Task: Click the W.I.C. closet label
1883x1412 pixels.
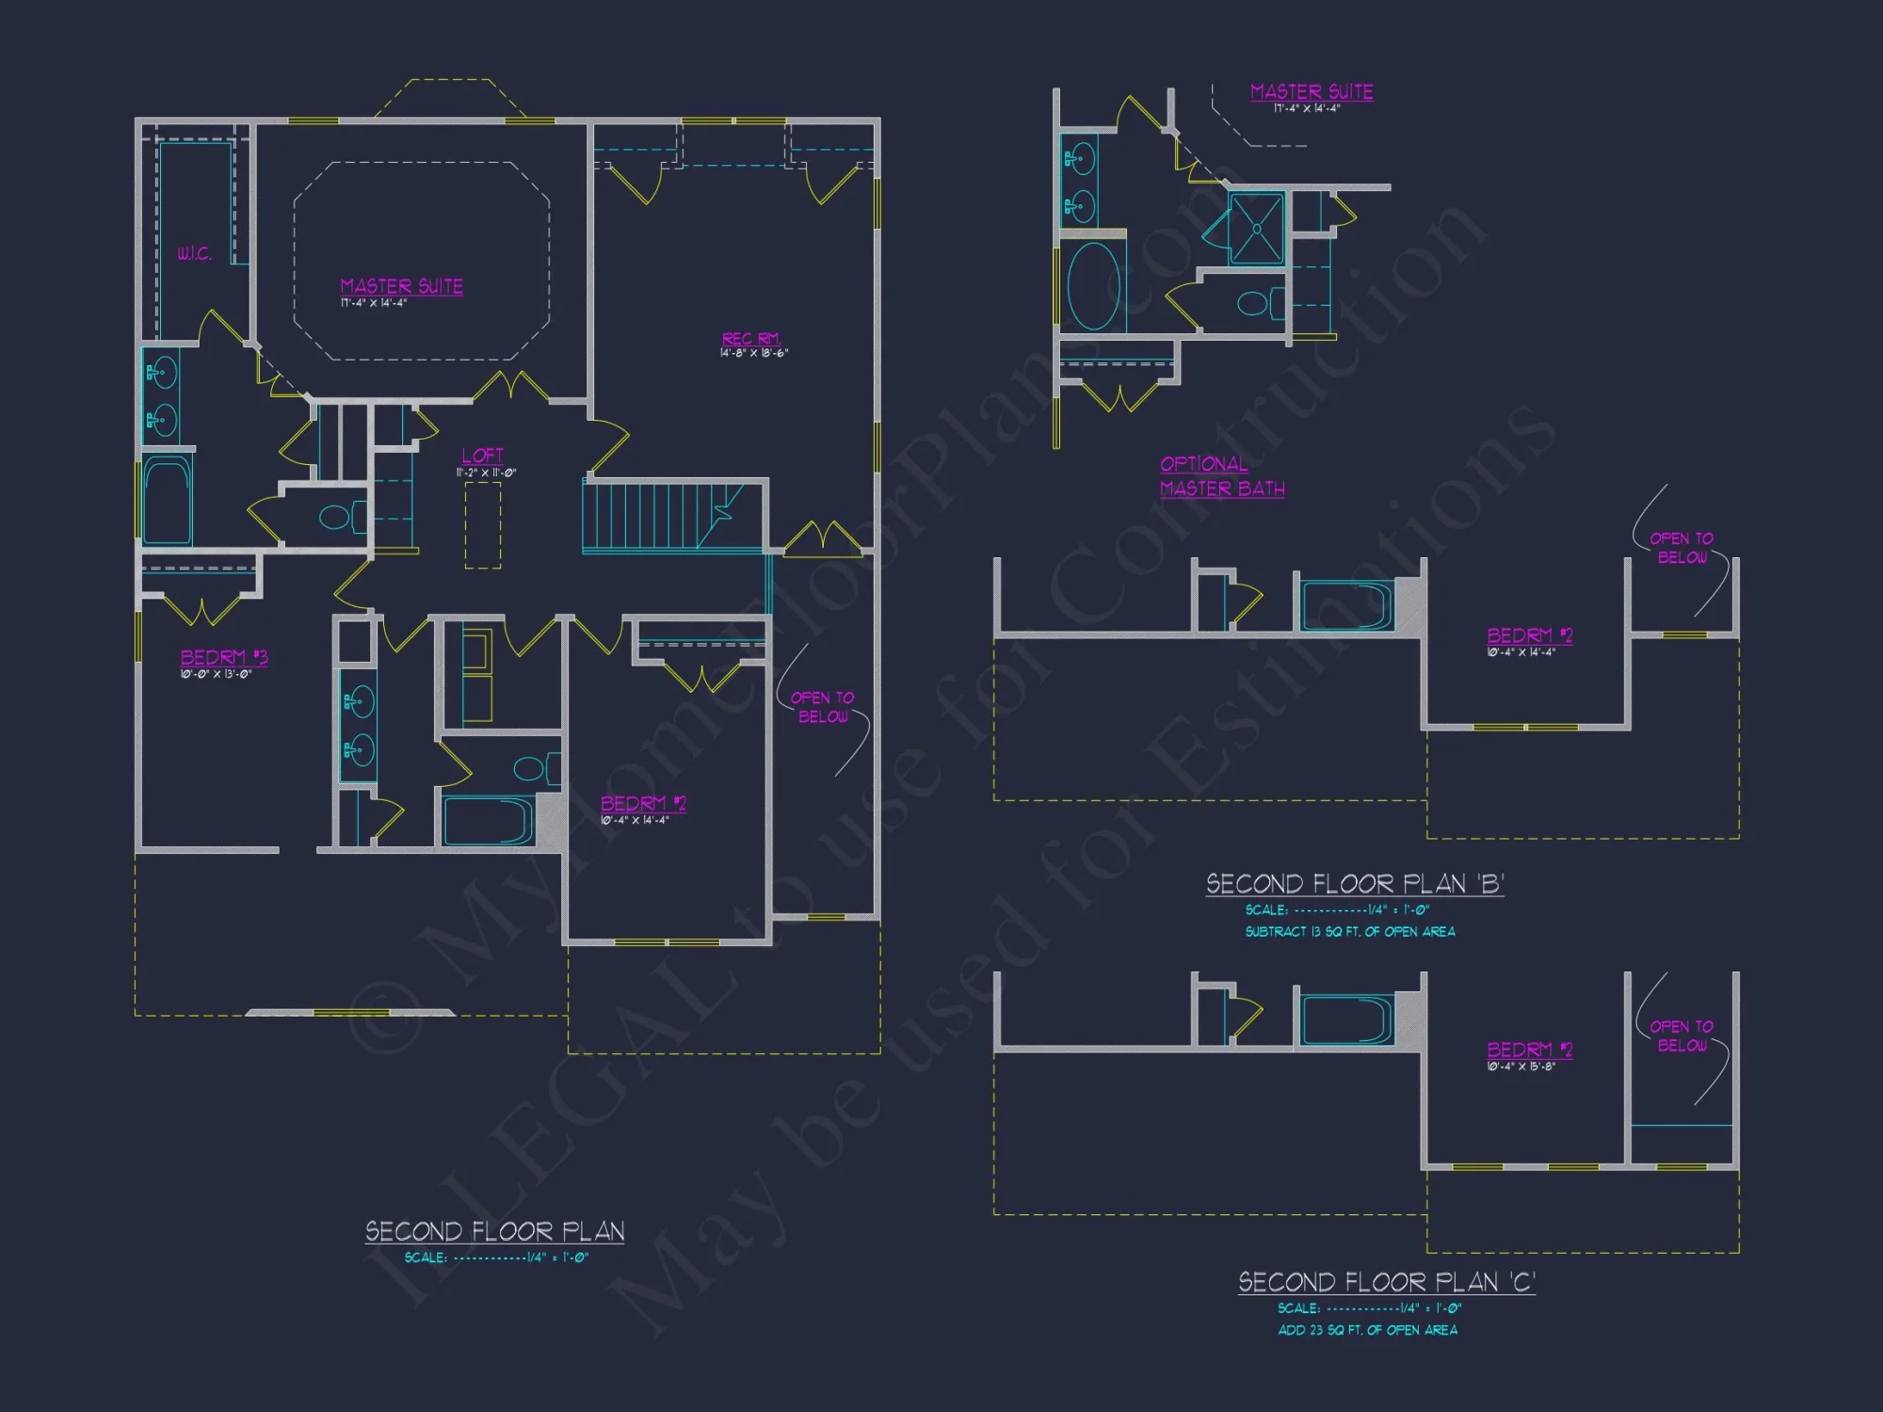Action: point(194,253)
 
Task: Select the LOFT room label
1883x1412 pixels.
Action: point(482,456)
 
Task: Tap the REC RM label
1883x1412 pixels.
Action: point(750,339)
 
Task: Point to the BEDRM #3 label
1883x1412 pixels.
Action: point(224,657)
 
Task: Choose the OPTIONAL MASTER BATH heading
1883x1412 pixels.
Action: point(1221,476)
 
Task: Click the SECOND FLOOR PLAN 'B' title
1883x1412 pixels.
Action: point(1355,884)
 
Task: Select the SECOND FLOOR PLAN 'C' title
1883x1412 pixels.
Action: point(1386,1282)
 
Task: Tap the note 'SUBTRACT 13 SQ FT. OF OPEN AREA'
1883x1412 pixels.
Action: point(1349,932)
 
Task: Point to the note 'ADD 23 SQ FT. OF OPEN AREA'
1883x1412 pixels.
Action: point(1367,1330)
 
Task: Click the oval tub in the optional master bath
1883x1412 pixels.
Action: point(1093,286)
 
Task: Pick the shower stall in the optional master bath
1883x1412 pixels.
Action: point(1257,229)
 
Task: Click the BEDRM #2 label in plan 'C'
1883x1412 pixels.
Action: point(1529,1050)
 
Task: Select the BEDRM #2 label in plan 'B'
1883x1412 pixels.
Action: point(1529,635)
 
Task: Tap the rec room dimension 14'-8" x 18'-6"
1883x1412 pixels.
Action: point(754,354)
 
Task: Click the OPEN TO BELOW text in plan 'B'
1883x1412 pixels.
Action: point(1682,548)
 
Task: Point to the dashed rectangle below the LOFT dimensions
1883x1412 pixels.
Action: point(483,525)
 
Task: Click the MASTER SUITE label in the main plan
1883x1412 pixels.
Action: point(401,286)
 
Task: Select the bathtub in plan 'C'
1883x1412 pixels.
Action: point(1346,1020)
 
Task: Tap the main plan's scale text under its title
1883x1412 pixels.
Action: point(496,1258)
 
